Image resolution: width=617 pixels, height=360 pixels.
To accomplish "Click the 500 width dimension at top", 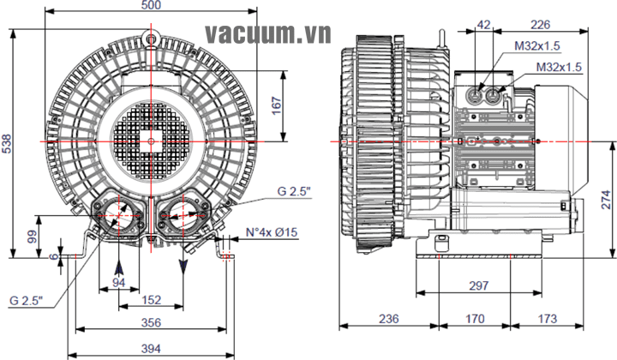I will tap(152, 6).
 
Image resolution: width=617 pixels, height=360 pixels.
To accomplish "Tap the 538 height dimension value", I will tap(8, 143).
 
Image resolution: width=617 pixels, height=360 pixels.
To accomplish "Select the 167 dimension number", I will tap(276, 102).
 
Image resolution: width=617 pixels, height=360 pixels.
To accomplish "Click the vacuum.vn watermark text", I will tap(256, 34).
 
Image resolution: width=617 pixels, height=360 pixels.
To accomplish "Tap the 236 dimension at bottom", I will tap(389, 319).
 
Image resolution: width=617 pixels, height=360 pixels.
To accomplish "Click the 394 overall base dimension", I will tap(151, 348).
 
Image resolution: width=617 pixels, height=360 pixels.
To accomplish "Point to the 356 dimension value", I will tap(151, 322).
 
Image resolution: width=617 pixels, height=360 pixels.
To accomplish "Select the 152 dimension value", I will tap(151, 299).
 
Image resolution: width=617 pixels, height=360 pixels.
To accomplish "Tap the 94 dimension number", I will tap(119, 282).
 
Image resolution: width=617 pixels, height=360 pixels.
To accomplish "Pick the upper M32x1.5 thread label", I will tap(537, 45).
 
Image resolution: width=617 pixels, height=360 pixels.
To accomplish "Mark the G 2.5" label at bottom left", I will tap(27, 300).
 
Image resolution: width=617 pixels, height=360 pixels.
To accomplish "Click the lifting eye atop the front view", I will tap(152, 38).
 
